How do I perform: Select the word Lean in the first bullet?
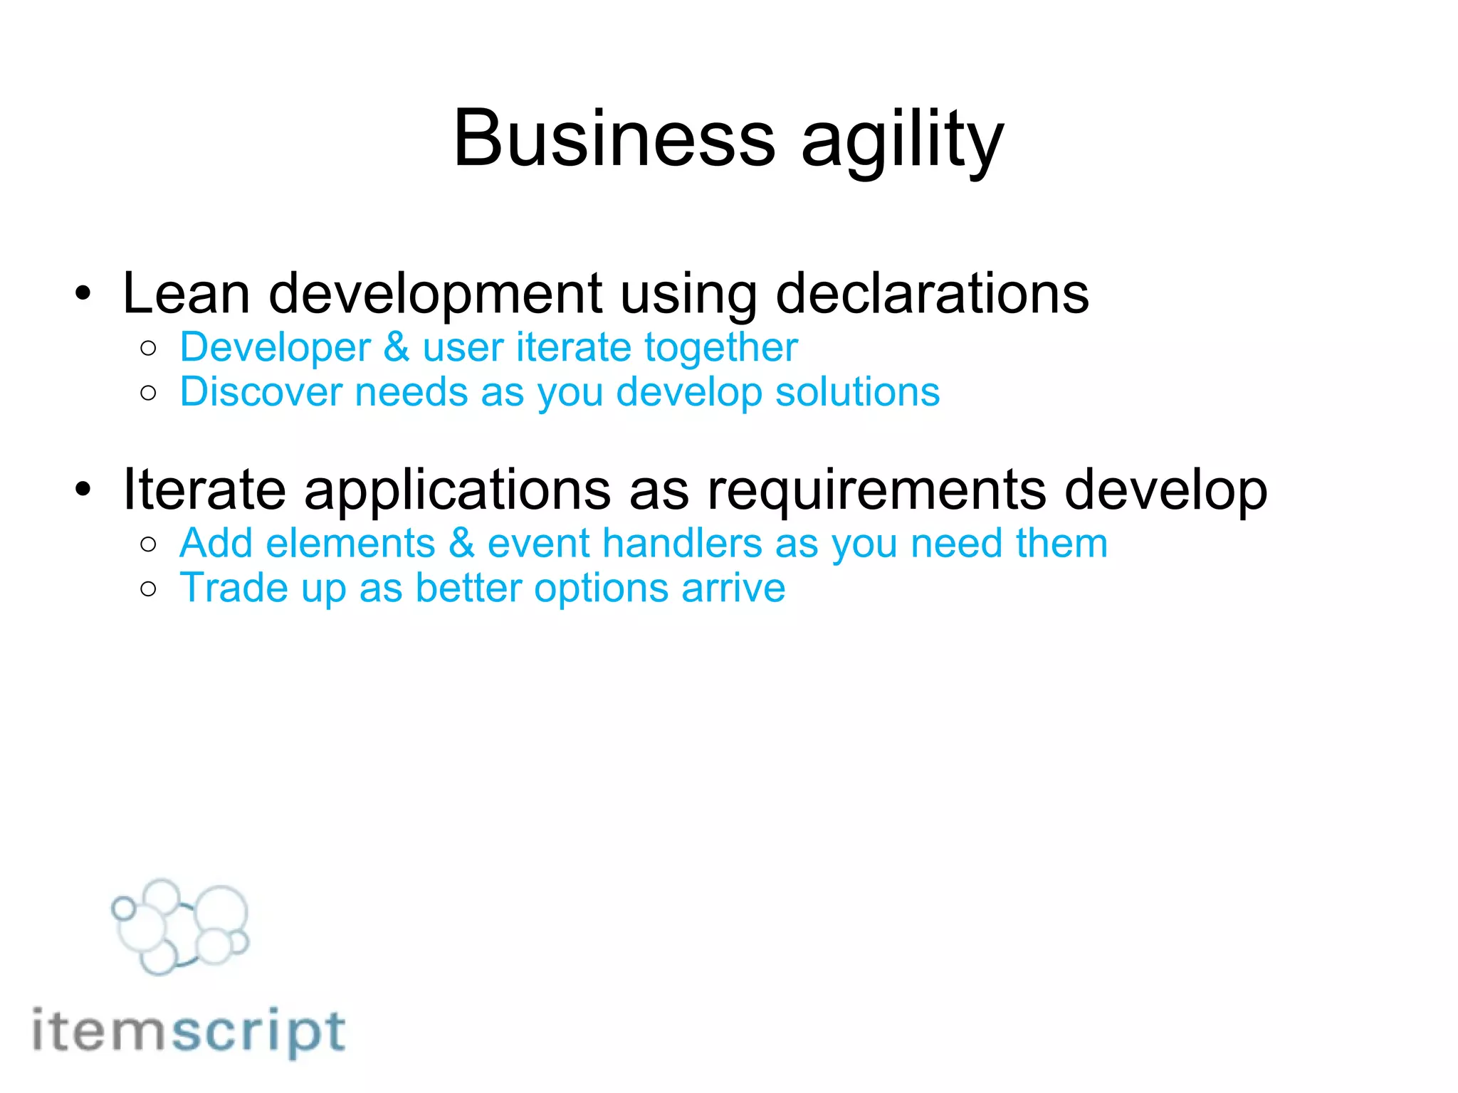(187, 293)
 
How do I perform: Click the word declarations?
(932, 293)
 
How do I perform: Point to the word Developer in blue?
(276, 348)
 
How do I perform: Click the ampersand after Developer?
(397, 348)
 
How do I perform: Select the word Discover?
(261, 392)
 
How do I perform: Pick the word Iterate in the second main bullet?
(204, 490)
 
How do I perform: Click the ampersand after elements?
(461, 544)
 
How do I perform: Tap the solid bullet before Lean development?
(83, 293)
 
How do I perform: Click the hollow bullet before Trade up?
(148, 588)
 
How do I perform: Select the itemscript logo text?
(189, 1031)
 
